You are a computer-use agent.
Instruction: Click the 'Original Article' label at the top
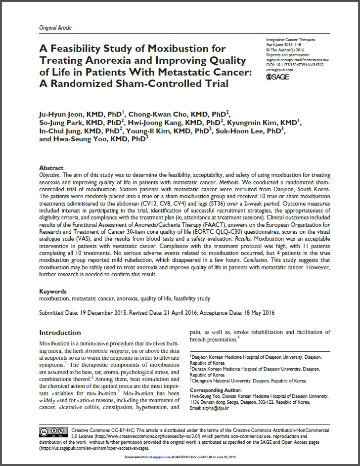pyautogui.click(x=55, y=28)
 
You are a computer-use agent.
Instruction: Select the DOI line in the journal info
pyautogui.click(x=294, y=64)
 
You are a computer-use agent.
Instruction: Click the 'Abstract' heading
pyautogui.click(x=51, y=168)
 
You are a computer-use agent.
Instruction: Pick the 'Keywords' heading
pyautogui.click(x=53, y=292)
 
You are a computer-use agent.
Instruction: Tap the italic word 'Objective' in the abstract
pyautogui.click(x=52, y=176)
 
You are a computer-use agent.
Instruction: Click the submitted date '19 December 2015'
pyautogui.click(x=102, y=313)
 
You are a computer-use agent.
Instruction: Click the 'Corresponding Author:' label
pyautogui.click(x=214, y=390)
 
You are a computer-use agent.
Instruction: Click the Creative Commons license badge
pyautogui.click(x=52, y=431)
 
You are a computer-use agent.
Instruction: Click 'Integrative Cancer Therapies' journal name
pyautogui.click(x=291, y=40)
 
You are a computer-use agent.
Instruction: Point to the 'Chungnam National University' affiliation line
pyautogui.click(x=249, y=381)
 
